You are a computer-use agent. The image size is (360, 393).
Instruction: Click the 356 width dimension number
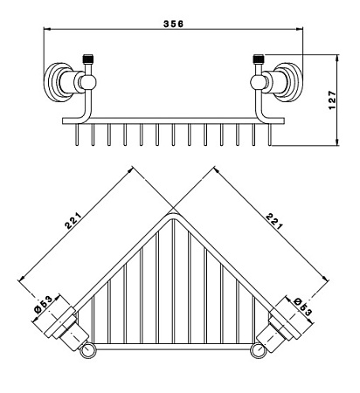pos(174,24)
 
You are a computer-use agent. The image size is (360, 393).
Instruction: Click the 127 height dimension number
pos(332,100)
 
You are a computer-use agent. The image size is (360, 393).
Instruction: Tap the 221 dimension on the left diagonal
pos(73,221)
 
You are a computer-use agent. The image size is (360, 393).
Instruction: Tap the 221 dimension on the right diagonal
pos(274,221)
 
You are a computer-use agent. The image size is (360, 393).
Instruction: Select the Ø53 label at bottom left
pos(43,304)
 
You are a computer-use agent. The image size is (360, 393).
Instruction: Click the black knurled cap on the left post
pos(88,59)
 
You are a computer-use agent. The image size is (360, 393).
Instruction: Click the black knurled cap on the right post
pos(259,59)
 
